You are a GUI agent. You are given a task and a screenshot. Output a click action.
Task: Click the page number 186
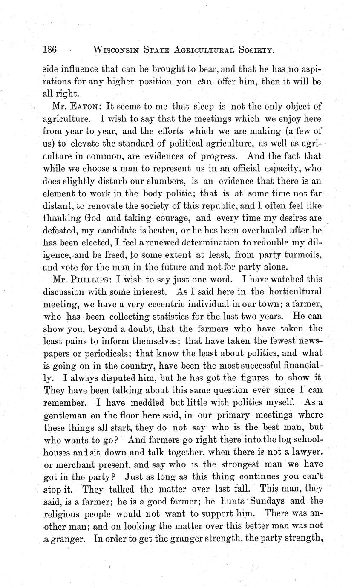click(x=50, y=49)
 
